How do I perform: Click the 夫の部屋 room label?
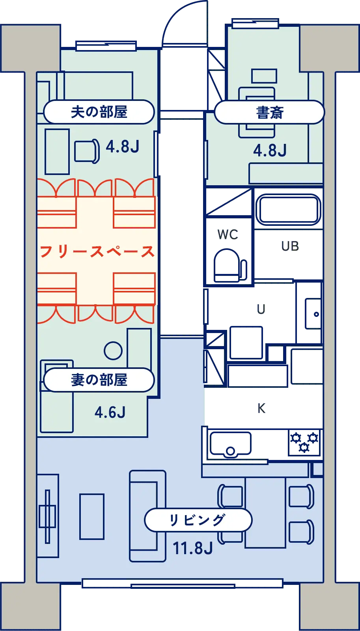point(99,112)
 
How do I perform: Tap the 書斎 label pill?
point(270,112)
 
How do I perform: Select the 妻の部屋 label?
point(99,380)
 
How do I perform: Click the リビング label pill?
point(198,520)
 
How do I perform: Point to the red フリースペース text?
point(97,251)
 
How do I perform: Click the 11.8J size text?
point(193,548)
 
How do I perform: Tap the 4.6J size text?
point(110,413)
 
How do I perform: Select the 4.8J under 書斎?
point(270,151)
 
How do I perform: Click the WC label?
point(228,235)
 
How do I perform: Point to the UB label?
point(290,246)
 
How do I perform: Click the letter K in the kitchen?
point(261,407)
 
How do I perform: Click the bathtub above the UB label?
point(289,209)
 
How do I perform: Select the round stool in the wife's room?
point(113,350)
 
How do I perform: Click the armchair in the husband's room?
point(87,151)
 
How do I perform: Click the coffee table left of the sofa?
point(92,516)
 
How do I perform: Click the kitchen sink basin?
point(231,444)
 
